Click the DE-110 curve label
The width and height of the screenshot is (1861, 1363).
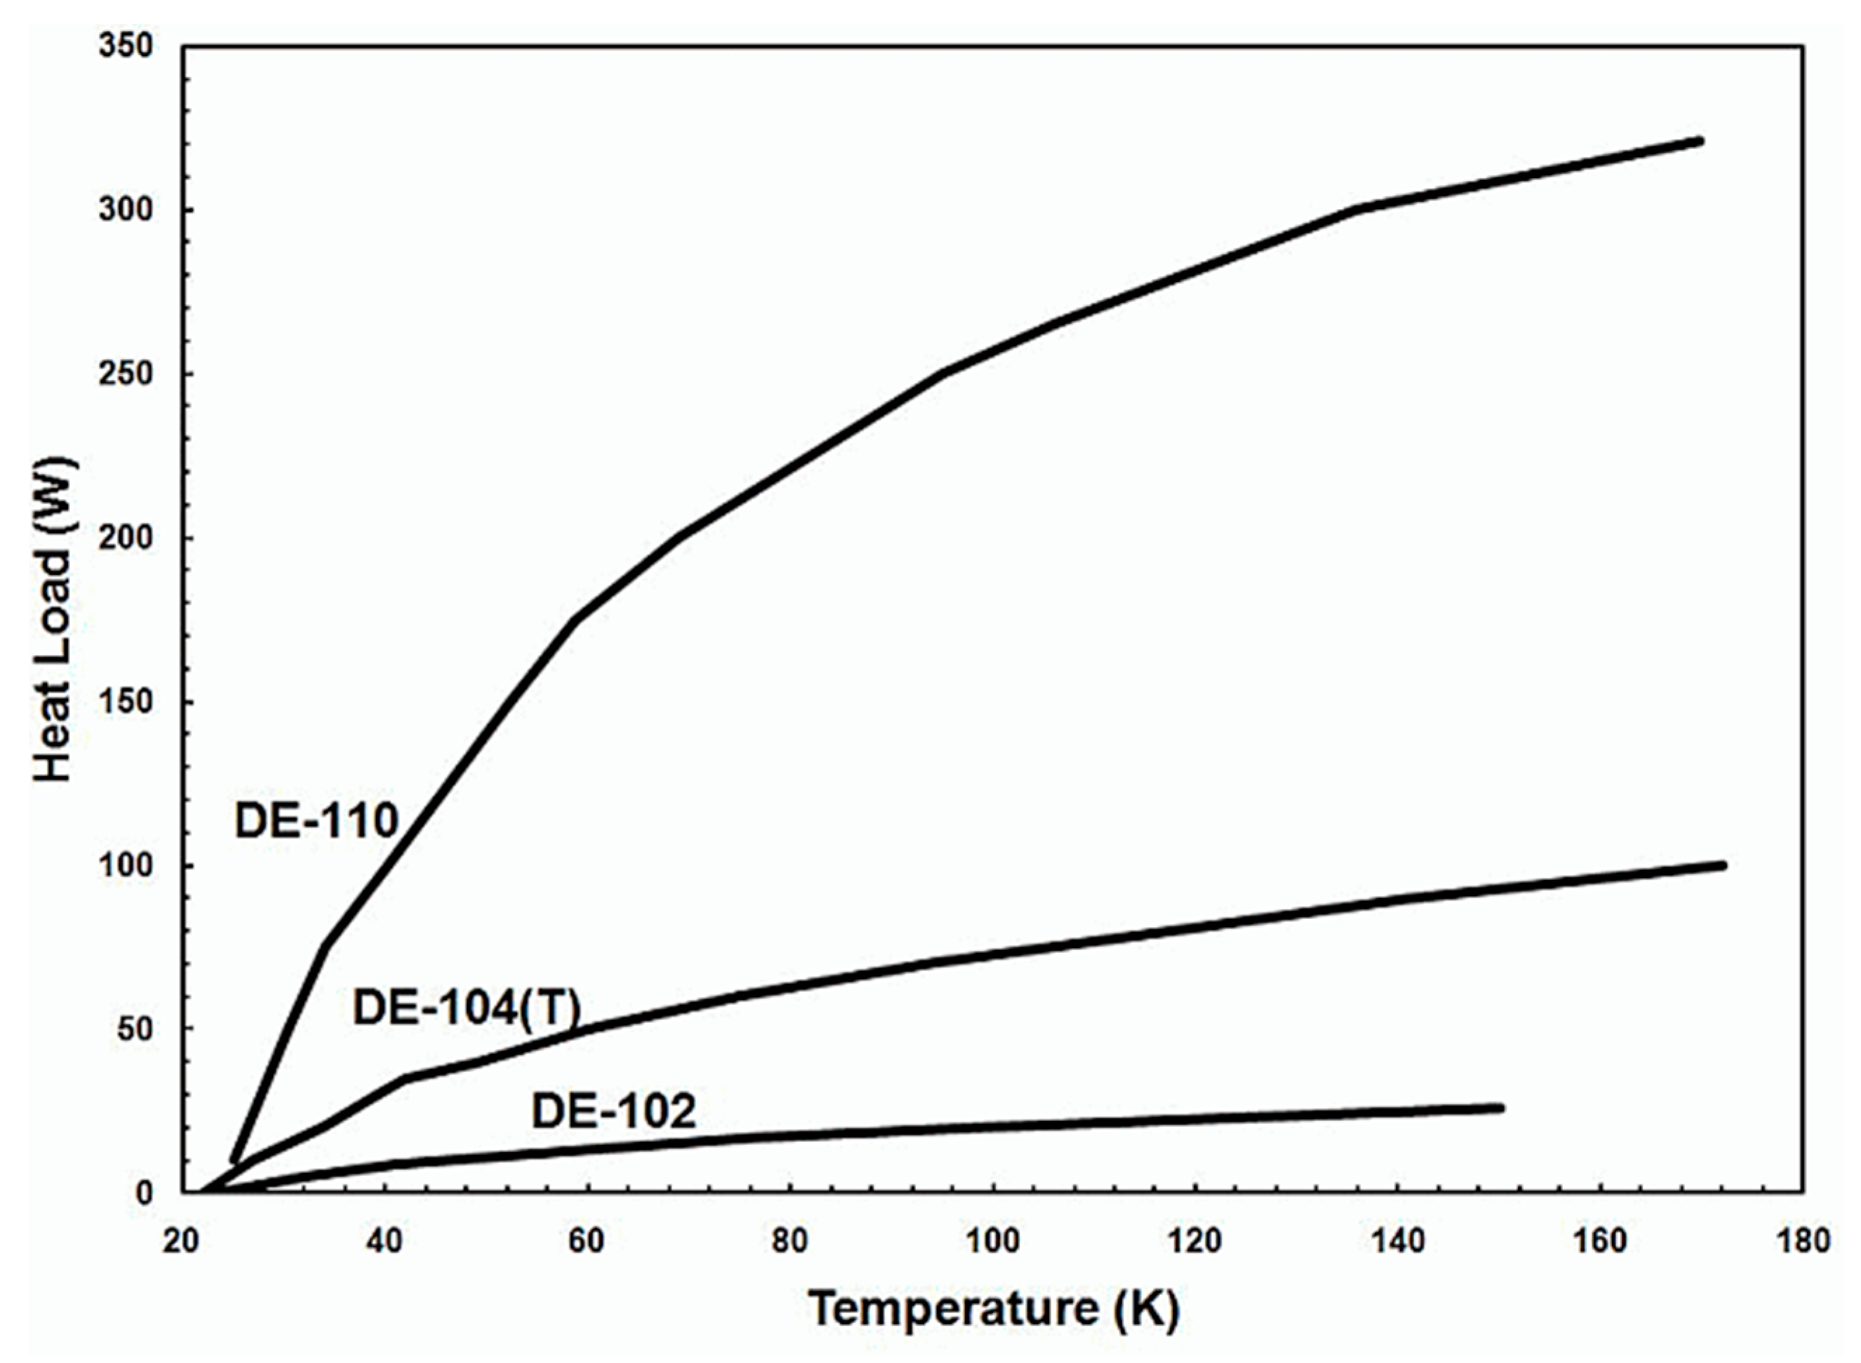pyautogui.click(x=316, y=822)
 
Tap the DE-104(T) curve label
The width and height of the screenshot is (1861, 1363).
pyautogui.click(x=467, y=1008)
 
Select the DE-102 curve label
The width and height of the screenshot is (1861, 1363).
pyautogui.click(x=613, y=1111)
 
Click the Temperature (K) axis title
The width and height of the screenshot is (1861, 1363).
pyautogui.click(x=994, y=1308)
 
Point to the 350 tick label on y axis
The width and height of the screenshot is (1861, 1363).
pyautogui.click(x=126, y=46)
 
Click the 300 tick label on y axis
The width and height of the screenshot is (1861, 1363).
pyautogui.click(x=126, y=210)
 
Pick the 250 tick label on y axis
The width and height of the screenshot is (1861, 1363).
pyautogui.click(x=126, y=374)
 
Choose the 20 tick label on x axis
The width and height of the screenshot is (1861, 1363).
pyautogui.click(x=181, y=1241)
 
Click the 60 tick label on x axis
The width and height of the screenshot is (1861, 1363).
pyautogui.click(x=586, y=1241)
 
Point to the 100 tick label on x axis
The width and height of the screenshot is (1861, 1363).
pyautogui.click(x=993, y=1241)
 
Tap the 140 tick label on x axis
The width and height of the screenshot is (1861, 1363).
pyautogui.click(x=1398, y=1241)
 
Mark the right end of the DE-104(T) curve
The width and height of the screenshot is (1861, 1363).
pyautogui.click(x=1722, y=865)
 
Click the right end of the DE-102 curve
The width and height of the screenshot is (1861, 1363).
pyautogui.click(x=1500, y=1108)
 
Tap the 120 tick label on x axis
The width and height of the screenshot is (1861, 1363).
pyautogui.click(x=1196, y=1241)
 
